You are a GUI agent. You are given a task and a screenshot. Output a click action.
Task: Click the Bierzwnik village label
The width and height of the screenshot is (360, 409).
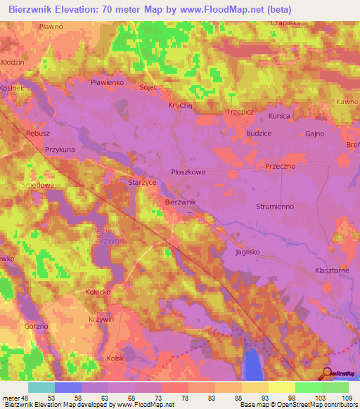point(181,202)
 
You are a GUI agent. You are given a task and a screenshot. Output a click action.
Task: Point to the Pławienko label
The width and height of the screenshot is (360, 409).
point(108,82)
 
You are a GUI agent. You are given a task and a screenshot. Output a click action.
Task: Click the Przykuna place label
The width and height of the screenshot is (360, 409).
point(60,150)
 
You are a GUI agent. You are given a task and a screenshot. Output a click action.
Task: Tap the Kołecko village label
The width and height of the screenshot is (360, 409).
point(98,292)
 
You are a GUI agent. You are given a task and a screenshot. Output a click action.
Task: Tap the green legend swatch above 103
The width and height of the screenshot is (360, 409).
point(307,387)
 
